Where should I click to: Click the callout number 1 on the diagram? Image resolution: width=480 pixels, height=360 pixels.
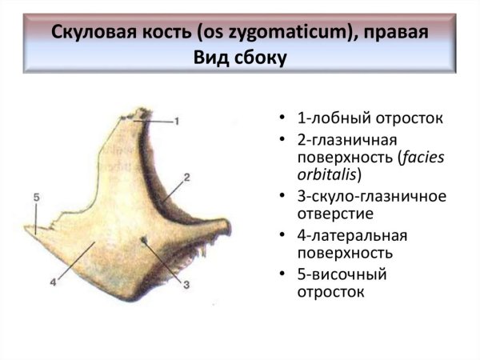point(177,120)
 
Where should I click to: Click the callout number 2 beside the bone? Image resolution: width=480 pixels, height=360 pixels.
point(186,177)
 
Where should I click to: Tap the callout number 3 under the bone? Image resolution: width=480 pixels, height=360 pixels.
point(186,283)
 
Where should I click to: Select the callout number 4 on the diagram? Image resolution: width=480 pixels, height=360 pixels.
point(51,282)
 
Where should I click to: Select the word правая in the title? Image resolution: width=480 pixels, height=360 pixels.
point(394,34)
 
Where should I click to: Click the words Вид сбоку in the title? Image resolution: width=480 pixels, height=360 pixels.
point(239,58)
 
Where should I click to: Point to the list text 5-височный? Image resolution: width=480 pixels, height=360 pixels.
point(342,274)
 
